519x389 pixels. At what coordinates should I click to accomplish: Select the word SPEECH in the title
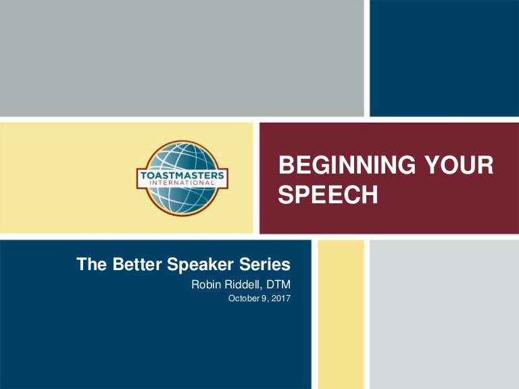328,194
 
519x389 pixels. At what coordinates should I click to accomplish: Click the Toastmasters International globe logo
183,178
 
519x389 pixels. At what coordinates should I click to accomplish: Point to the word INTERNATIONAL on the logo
183,184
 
